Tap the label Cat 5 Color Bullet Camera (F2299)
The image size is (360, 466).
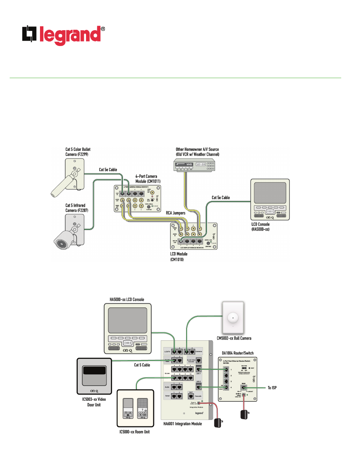78,152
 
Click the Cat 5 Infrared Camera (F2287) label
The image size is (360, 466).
77,208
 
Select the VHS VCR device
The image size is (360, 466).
194,165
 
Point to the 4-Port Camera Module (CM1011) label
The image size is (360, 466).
148,179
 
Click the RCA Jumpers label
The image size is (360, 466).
175,213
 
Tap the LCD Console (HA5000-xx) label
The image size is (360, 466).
260,226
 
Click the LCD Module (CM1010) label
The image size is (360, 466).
178,257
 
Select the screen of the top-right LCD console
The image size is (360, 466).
270,193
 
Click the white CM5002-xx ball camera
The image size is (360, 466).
233,317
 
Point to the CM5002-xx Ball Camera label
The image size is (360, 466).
234,338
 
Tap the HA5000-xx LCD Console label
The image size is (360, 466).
127,300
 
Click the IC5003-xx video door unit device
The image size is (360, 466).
94,376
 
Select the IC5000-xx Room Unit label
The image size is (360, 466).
134,432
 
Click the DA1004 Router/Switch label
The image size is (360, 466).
237,353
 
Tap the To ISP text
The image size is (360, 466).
272,388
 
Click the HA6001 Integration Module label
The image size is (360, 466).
182,424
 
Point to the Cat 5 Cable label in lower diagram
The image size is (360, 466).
142,365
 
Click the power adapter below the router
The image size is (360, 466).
245,414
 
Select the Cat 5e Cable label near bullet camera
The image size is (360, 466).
108,170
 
